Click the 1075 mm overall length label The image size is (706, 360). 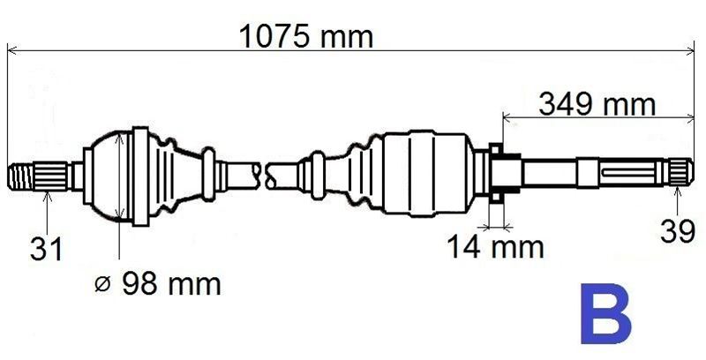coord(306,37)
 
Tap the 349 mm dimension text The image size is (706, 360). coord(597,105)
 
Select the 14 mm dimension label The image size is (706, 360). coord(496,247)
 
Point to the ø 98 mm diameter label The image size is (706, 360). coord(158,284)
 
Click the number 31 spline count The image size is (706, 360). coord(46,249)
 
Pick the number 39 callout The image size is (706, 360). coord(678,232)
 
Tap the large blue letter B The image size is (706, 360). coord(605,312)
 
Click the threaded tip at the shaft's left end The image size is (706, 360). coord(20,176)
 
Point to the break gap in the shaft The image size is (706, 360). coord(264,176)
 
